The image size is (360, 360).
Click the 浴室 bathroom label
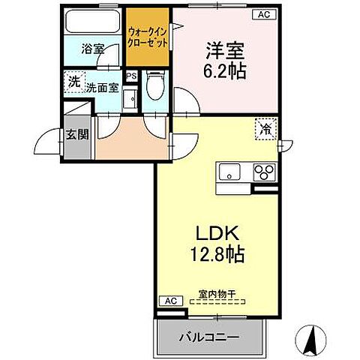pos(93,50)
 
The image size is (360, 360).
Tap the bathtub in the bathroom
pos(93,23)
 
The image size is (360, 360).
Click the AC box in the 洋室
pos(263,13)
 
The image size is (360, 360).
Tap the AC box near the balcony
pos(169,301)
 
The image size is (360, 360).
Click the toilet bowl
pos(154,88)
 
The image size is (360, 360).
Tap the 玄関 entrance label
pos(76,134)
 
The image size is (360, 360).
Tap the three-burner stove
pos(264,171)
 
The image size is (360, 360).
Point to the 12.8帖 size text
pos(214,253)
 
